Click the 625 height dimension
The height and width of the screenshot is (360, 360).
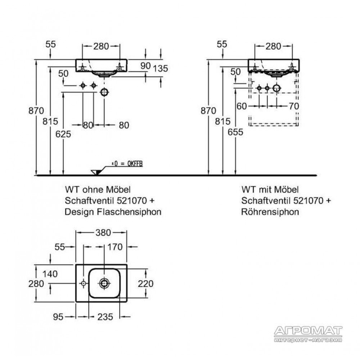pyautogui.click(x=63, y=134)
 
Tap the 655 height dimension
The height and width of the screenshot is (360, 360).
pyautogui.click(x=235, y=132)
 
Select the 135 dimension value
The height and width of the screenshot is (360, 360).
pyautogui.click(x=160, y=68)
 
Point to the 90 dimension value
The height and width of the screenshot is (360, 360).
pyautogui.click(x=145, y=66)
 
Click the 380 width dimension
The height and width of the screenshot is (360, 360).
pyautogui.click(x=103, y=233)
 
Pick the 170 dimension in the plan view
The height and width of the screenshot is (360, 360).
pyautogui.click(x=115, y=247)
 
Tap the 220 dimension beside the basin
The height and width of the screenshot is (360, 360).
pyautogui.click(x=145, y=284)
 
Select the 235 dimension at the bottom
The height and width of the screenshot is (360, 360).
pyautogui.click(x=105, y=317)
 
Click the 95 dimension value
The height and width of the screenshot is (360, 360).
pyautogui.click(x=58, y=317)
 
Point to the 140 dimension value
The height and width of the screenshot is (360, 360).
pyautogui.click(x=50, y=274)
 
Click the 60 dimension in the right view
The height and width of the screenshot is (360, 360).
pyautogui.click(x=242, y=106)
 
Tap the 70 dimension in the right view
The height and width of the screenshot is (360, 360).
pyautogui.click(x=294, y=106)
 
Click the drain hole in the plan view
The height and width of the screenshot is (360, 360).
pyautogui.click(x=104, y=283)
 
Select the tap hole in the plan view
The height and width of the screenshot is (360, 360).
pyautogui.click(x=84, y=284)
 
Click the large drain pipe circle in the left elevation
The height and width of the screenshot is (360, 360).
pyautogui.click(x=104, y=92)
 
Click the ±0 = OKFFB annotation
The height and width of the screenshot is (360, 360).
pyautogui.click(x=127, y=164)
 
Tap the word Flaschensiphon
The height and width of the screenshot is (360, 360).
pyautogui.click(x=129, y=212)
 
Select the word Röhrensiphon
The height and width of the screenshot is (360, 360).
pyautogui.click(x=270, y=212)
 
